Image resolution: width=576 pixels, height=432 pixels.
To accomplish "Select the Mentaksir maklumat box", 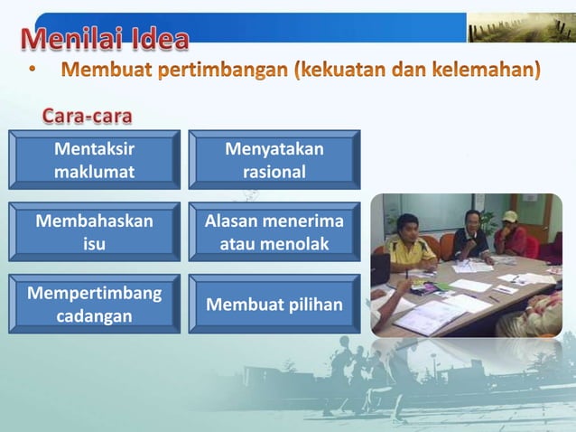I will click(x=94, y=159).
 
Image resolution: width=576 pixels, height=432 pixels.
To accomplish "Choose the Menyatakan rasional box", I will click(x=274, y=159).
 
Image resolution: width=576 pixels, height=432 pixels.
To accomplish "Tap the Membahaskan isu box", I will click(x=94, y=231).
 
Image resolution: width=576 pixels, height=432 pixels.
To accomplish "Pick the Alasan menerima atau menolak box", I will click(x=274, y=231).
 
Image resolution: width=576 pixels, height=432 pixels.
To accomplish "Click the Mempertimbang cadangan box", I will click(x=94, y=304).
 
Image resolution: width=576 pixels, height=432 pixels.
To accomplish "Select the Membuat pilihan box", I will click(x=274, y=304).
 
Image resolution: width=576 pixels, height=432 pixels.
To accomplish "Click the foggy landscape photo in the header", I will click(x=520, y=27).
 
